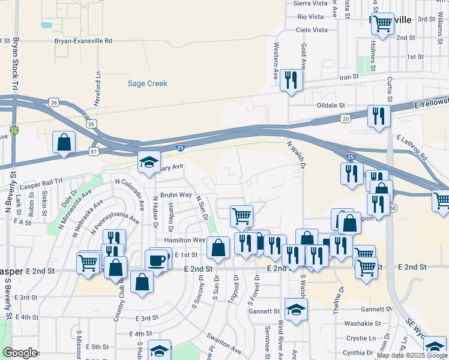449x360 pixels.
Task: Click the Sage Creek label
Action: click(147, 83)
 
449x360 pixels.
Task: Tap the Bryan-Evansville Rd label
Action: click(83, 41)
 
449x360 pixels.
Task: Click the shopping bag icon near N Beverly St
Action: click(64, 143)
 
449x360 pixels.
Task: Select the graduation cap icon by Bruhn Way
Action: click(149, 162)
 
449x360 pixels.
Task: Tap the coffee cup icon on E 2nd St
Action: click(156, 260)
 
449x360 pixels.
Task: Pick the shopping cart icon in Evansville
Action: click(382, 25)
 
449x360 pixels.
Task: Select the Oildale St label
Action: click(331, 104)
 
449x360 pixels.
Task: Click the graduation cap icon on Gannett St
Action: click(296, 310)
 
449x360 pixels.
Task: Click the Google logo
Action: click(20, 353)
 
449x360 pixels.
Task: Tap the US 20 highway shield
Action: click(346, 119)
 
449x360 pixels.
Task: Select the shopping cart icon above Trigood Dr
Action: click(241, 215)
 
